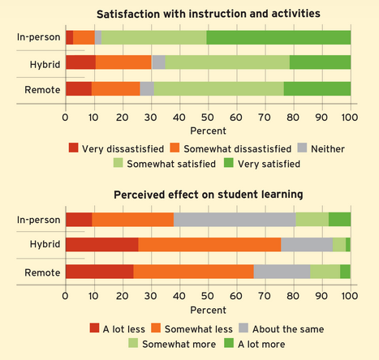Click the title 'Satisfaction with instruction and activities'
207,15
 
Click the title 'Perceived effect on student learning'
208,195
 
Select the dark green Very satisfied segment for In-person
278,37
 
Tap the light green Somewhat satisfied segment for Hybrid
227,62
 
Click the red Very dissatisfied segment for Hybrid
80,62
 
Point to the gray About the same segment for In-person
235,219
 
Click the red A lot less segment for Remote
99,271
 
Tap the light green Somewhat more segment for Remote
325,271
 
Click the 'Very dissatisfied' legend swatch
74,148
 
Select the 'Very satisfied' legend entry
267,164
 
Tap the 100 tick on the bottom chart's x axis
350,296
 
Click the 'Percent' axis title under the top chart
208,130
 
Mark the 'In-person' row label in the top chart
37,37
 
